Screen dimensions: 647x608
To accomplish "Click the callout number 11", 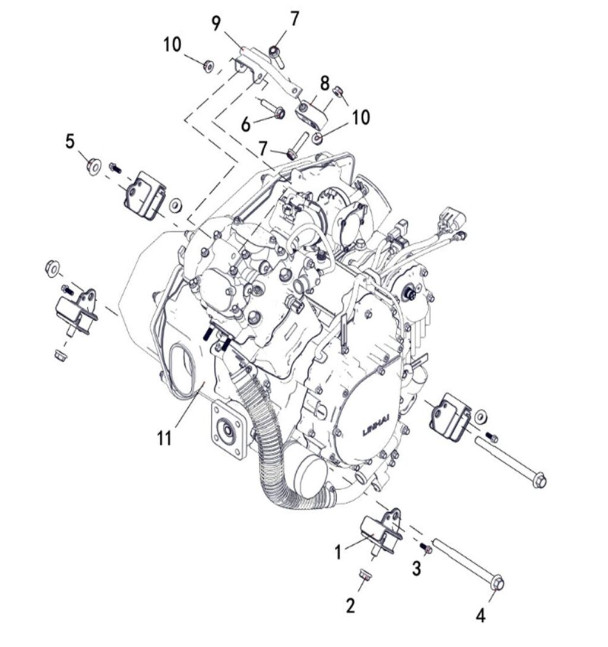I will pyautogui.click(x=164, y=438).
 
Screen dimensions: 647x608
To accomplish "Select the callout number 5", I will pyautogui.click(x=71, y=141).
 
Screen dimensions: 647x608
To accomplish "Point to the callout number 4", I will pyautogui.click(x=480, y=616).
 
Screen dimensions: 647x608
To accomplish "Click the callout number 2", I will pyautogui.click(x=351, y=605).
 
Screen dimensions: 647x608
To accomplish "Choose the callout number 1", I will pyautogui.click(x=338, y=553).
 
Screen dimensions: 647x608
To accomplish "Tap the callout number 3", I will pyautogui.click(x=417, y=569).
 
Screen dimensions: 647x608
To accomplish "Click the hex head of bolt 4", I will pyautogui.click(x=498, y=584).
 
